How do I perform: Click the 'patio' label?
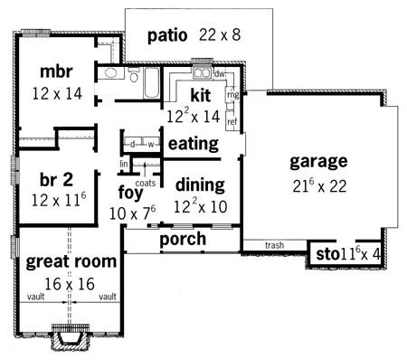pos(167,36)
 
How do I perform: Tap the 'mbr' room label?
pos(56,71)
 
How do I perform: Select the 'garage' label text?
pos(318,162)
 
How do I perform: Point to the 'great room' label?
pos(71,262)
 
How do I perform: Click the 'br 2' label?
pos(56,180)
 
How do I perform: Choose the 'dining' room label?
pos(200,185)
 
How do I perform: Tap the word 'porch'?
pos(183,240)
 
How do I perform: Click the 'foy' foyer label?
pos(130,193)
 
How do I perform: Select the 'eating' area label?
pos(194,144)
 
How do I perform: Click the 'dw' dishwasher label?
pos(220,73)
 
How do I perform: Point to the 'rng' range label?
pos(233,95)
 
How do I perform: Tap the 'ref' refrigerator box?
pos(232,121)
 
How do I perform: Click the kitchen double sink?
pos(202,73)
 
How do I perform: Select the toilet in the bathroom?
pos(134,74)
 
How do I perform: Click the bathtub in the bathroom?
pos(151,83)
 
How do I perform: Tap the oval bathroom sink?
pos(110,73)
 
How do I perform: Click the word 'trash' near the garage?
pos(274,245)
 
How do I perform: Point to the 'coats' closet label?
pos(146,183)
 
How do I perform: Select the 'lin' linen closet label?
pos(124,164)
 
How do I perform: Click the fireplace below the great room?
pos(71,336)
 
